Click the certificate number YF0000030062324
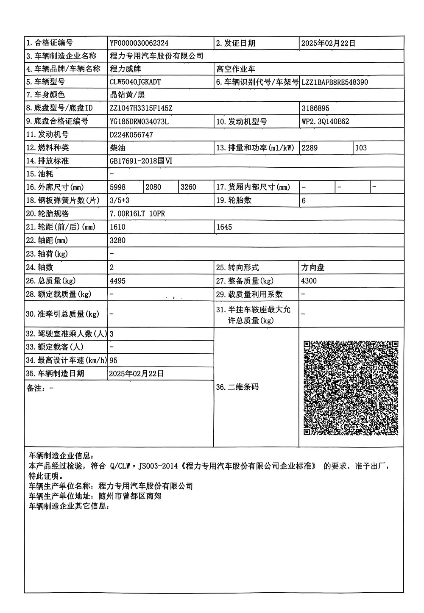coord(139,43)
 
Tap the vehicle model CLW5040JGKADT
coord(135,82)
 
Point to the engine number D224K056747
coord(131,135)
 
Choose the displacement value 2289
coord(309,148)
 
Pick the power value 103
coord(361,148)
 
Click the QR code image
coord(351,388)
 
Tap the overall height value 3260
coord(188,187)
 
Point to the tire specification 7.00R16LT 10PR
coord(137,214)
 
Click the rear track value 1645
coord(224,227)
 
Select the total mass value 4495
coord(117,281)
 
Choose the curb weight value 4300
coord(309,281)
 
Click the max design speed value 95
coord(113,361)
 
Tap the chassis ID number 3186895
coord(315,108)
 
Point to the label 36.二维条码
coord(237,387)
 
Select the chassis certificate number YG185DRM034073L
coord(139,122)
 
